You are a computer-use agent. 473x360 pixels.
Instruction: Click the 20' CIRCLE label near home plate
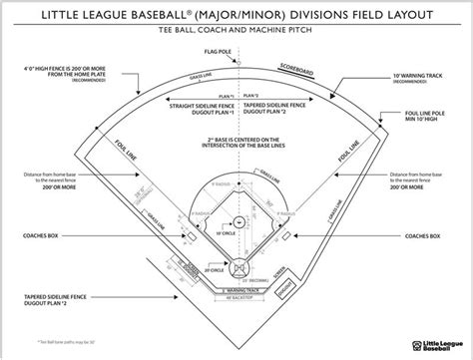point(214,269)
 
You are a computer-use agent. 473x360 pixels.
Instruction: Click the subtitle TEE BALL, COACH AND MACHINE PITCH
point(236,32)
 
